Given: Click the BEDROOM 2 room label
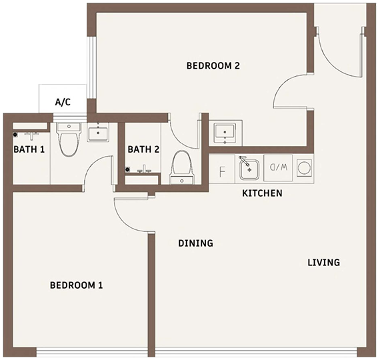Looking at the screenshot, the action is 213,66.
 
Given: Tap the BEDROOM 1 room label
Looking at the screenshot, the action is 77,285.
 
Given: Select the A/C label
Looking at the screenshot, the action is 63,102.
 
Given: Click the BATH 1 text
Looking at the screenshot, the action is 29,149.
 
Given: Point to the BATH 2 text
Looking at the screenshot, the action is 143,149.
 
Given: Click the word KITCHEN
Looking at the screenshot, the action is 262,193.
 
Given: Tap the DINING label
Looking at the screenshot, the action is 195,243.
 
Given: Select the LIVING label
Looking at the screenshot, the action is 324,263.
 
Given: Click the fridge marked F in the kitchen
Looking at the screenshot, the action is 222,169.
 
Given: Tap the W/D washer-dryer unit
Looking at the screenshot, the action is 278,168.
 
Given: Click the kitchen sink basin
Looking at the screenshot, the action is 249,168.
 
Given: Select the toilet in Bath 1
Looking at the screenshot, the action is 69,139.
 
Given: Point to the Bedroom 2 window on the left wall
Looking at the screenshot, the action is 91,67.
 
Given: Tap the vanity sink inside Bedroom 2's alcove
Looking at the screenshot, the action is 225,133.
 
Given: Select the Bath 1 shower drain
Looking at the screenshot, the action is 15,135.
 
